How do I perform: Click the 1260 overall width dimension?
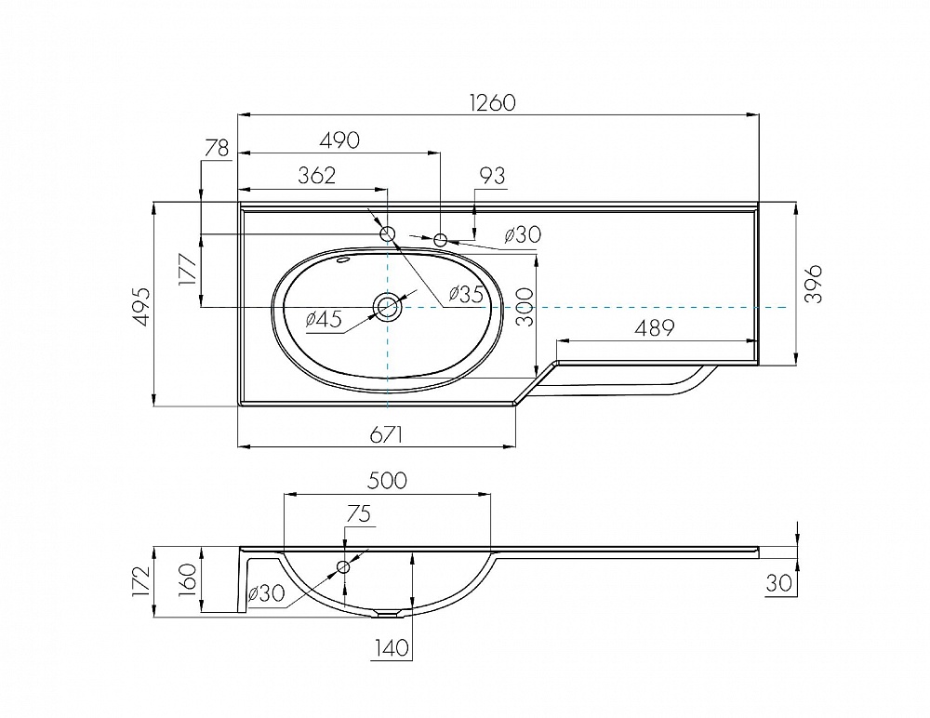[x=492, y=102]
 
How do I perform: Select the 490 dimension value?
[x=339, y=140]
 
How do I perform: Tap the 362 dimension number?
[x=317, y=176]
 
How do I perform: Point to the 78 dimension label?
[x=217, y=148]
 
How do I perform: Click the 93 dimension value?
[x=492, y=176]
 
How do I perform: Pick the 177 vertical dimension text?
[x=188, y=270]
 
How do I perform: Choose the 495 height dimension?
[x=140, y=307]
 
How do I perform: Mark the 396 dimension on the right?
[x=813, y=285]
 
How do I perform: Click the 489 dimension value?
[x=655, y=327]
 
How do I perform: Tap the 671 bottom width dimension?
[x=387, y=435]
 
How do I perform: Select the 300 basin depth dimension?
[x=525, y=307]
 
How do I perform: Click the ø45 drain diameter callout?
[x=324, y=319]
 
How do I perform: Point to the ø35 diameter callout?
[x=466, y=294]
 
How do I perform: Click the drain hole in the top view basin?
[x=388, y=307]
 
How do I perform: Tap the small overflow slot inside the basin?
[x=343, y=259]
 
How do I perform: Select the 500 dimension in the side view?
[x=387, y=480]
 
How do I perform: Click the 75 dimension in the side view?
[x=358, y=513]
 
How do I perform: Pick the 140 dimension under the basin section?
[x=392, y=647]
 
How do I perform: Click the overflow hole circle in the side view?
[x=343, y=566]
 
